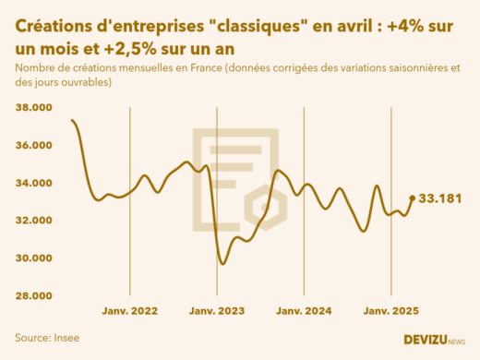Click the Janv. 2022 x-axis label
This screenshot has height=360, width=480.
[x=129, y=311]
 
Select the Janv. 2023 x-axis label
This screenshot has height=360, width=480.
[x=217, y=311]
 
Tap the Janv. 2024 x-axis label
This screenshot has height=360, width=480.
[x=305, y=311]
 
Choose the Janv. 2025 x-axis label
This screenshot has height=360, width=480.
[x=391, y=311]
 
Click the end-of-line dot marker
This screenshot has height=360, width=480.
[x=412, y=198]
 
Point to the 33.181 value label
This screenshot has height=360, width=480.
[x=440, y=198]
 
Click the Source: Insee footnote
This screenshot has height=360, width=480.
[x=47, y=338]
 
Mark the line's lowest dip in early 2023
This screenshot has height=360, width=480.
[x=222, y=264]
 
